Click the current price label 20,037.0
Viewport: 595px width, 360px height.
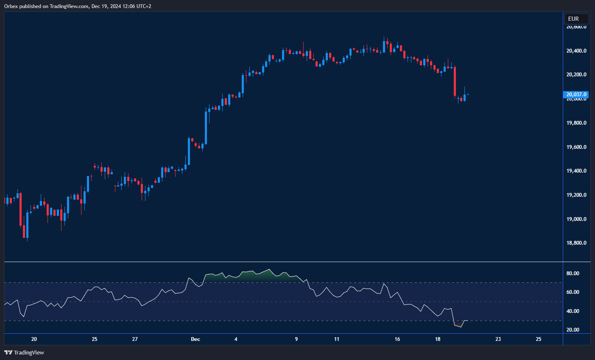(x=576, y=95)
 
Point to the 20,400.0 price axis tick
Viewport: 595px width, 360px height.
(x=576, y=51)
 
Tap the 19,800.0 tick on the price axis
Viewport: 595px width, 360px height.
(x=576, y=123)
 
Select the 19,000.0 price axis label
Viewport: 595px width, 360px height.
(x=576, y=219)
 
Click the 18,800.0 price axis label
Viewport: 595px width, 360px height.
(x=576, y=243)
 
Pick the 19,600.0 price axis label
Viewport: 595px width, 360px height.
(x=576, y=147)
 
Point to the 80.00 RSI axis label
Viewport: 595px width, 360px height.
(x=573, y=273)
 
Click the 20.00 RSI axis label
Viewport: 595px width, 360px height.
(x=573, y=330)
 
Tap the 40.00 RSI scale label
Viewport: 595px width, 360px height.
(x=573, y=311)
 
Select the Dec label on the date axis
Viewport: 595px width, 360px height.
(x=196, y=339)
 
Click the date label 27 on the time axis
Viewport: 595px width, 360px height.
(x=135, y=339)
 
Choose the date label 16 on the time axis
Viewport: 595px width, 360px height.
(x=397, y=339)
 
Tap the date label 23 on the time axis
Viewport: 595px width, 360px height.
(x=498, y=339)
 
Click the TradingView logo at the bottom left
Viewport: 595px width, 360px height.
(x=24, y=352)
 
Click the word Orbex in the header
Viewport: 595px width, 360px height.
(x=11, y=6)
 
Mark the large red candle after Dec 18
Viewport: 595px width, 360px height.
(x=455, y=81)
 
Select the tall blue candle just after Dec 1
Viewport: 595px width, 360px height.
(x=206, y=127)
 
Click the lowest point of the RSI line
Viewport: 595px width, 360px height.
(x=461, y=327)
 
